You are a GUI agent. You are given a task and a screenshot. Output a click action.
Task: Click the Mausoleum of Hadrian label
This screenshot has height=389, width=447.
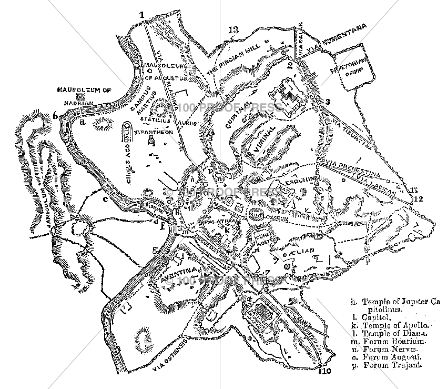coord(85,90)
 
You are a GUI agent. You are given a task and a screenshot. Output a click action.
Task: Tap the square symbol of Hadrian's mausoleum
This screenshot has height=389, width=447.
coord(80,97)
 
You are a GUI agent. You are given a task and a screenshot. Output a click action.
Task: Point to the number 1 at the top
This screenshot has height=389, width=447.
coord(141,15)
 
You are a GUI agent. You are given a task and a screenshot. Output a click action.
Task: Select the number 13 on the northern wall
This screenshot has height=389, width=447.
coord(233,29)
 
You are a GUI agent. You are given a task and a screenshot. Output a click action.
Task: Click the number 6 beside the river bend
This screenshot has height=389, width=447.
coord(55,116)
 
